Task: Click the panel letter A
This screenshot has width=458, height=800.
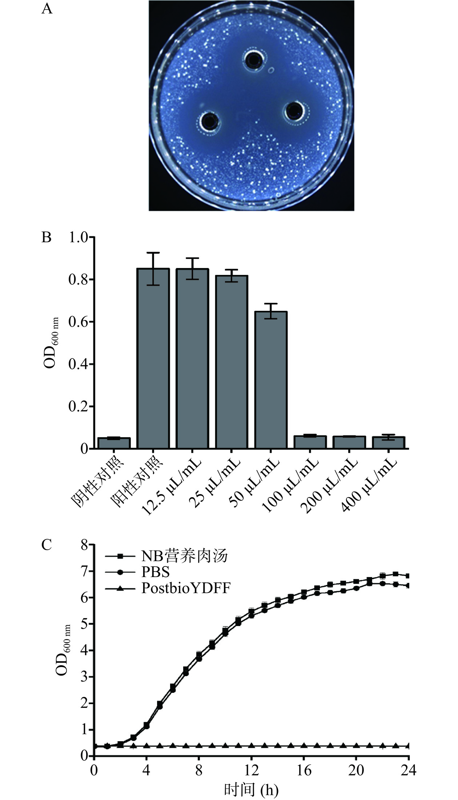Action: point(47,9)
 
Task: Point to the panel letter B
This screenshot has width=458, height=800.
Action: point(47,238)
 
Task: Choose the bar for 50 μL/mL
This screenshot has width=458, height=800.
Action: point(271,379)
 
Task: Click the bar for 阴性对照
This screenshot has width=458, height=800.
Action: point(114,443)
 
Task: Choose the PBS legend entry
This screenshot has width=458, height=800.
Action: point(156,572)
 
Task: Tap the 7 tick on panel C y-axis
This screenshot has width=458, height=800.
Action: point(85,572)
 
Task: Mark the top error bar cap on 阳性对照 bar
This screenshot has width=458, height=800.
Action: point(153,253)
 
